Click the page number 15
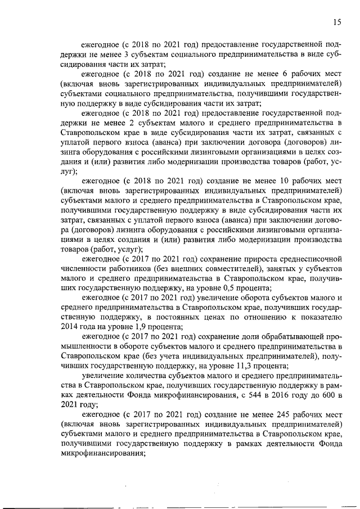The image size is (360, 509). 336,22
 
